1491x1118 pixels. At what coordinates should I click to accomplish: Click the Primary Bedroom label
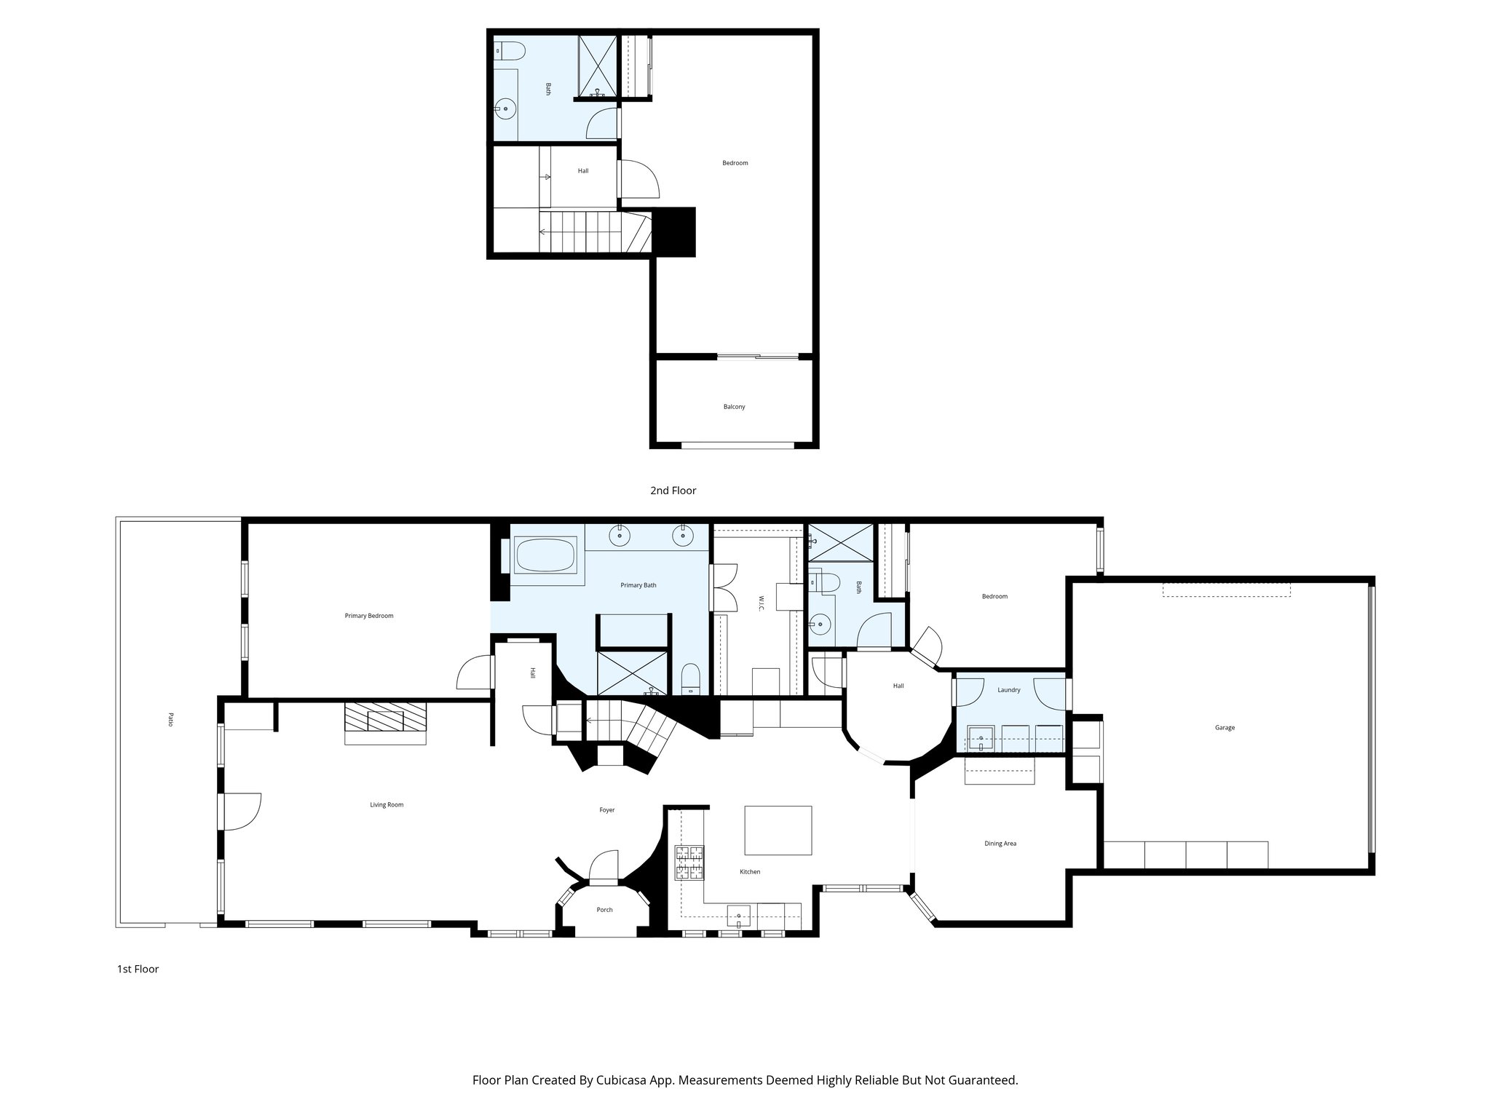pyautogui.click(x=369, y=616)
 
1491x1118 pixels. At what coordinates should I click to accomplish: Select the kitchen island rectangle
pyautogui.click(x=778, y=830)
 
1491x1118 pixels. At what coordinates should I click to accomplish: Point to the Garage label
pyautogui.click(x=1225, y=728)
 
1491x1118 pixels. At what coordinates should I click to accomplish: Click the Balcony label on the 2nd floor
pyautogui.click(x=734, y=407)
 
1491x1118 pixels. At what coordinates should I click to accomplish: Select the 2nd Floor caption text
pyautogui.click(x=673, y=491)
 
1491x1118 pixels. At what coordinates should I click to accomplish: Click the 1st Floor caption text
pyautogui.click(x=138, y=969)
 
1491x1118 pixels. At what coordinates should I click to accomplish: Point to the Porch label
pyautogui.click(x=604, y=910)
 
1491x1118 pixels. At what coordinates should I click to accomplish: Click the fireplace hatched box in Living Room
pyautogui.click(x=385, y=717)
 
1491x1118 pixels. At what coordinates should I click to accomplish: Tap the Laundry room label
pyautogui.click(x=1009, y=690)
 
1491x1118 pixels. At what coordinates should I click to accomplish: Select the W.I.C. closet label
pyautogui.click(x=761, y=603)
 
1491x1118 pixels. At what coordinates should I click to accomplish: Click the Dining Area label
pyautogui.click(x=1000, y=844)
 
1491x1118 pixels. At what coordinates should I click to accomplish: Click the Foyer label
pyautogui.click(x=606, y=810)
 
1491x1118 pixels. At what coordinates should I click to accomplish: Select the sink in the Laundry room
pyautogui.click(x=981, y=739)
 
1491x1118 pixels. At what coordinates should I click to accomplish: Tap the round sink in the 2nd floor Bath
pyautogui.click(x=505, y=109)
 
